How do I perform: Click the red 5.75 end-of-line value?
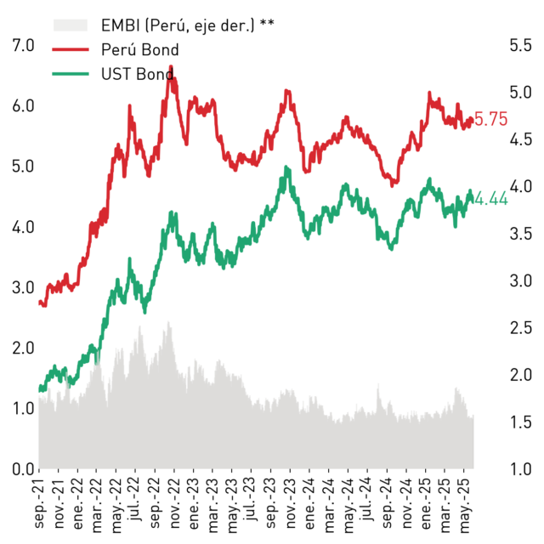coord(490,119)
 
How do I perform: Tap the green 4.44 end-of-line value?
coord(490,199)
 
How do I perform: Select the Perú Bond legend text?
coord(139,49)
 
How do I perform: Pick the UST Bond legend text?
coord(138,74)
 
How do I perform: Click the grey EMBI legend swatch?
coord(70,25)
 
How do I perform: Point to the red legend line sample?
coord(71,49)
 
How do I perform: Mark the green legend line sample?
coord(71,74)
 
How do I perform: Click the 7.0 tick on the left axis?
coord(23,45)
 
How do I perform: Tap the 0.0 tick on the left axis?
coord(23,469)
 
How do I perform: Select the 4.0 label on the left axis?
coord(23,227)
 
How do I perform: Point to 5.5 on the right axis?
coord(520,45)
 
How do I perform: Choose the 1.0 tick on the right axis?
coord(520,469)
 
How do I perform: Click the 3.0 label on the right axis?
coord(520,280)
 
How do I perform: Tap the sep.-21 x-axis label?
coord(39,503)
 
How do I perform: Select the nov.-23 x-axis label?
coord(291,503)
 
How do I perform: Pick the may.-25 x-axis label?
coord(465,505)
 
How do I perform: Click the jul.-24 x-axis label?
coord(367,499)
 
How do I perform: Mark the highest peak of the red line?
coord(171,66)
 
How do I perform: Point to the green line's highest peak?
coord(286,167)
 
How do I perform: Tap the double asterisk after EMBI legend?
coord(267,23)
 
